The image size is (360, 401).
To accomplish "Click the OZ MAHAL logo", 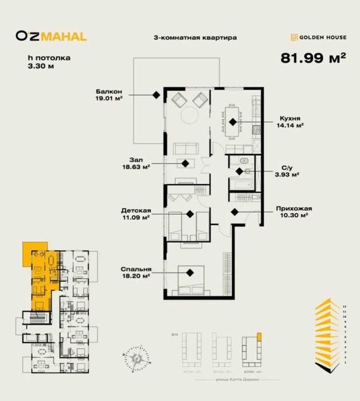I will [51, 37].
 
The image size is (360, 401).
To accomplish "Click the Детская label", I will [136, 210].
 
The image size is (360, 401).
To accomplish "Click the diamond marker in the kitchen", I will [232, 121].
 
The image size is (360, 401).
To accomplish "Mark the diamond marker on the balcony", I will [155, 95].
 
